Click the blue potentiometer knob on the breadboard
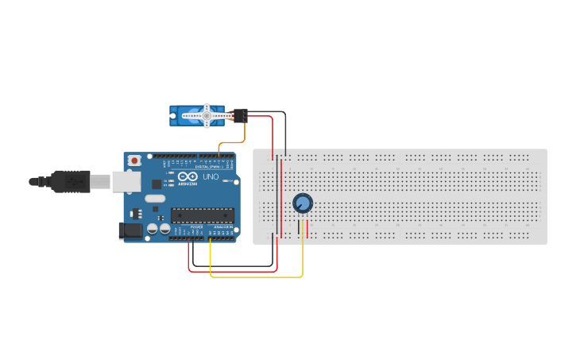pyautogui.click(x=302, y=203)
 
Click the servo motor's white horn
pyautogui.click(x=207, y=116)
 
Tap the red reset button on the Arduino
pyautogui.click(x=134, y=161)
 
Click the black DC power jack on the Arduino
pyautogui.click(x=130, y=230)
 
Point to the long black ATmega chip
pyautogui.click(x=203, y=215)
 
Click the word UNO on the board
pyautogui.click(x=211, y=177)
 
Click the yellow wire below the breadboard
pyautogui.click(x=254, y=277)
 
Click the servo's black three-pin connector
pyautogui.click(x=240, y=115)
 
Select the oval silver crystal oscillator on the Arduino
pyautogui.click(x=155, y=199)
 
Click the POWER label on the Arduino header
pyautogui.click(x=196, y=227)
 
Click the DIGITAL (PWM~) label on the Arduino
pyautogui.click(x=208, y=166)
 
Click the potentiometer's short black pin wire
pyautogui.click(x=299, y=226)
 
